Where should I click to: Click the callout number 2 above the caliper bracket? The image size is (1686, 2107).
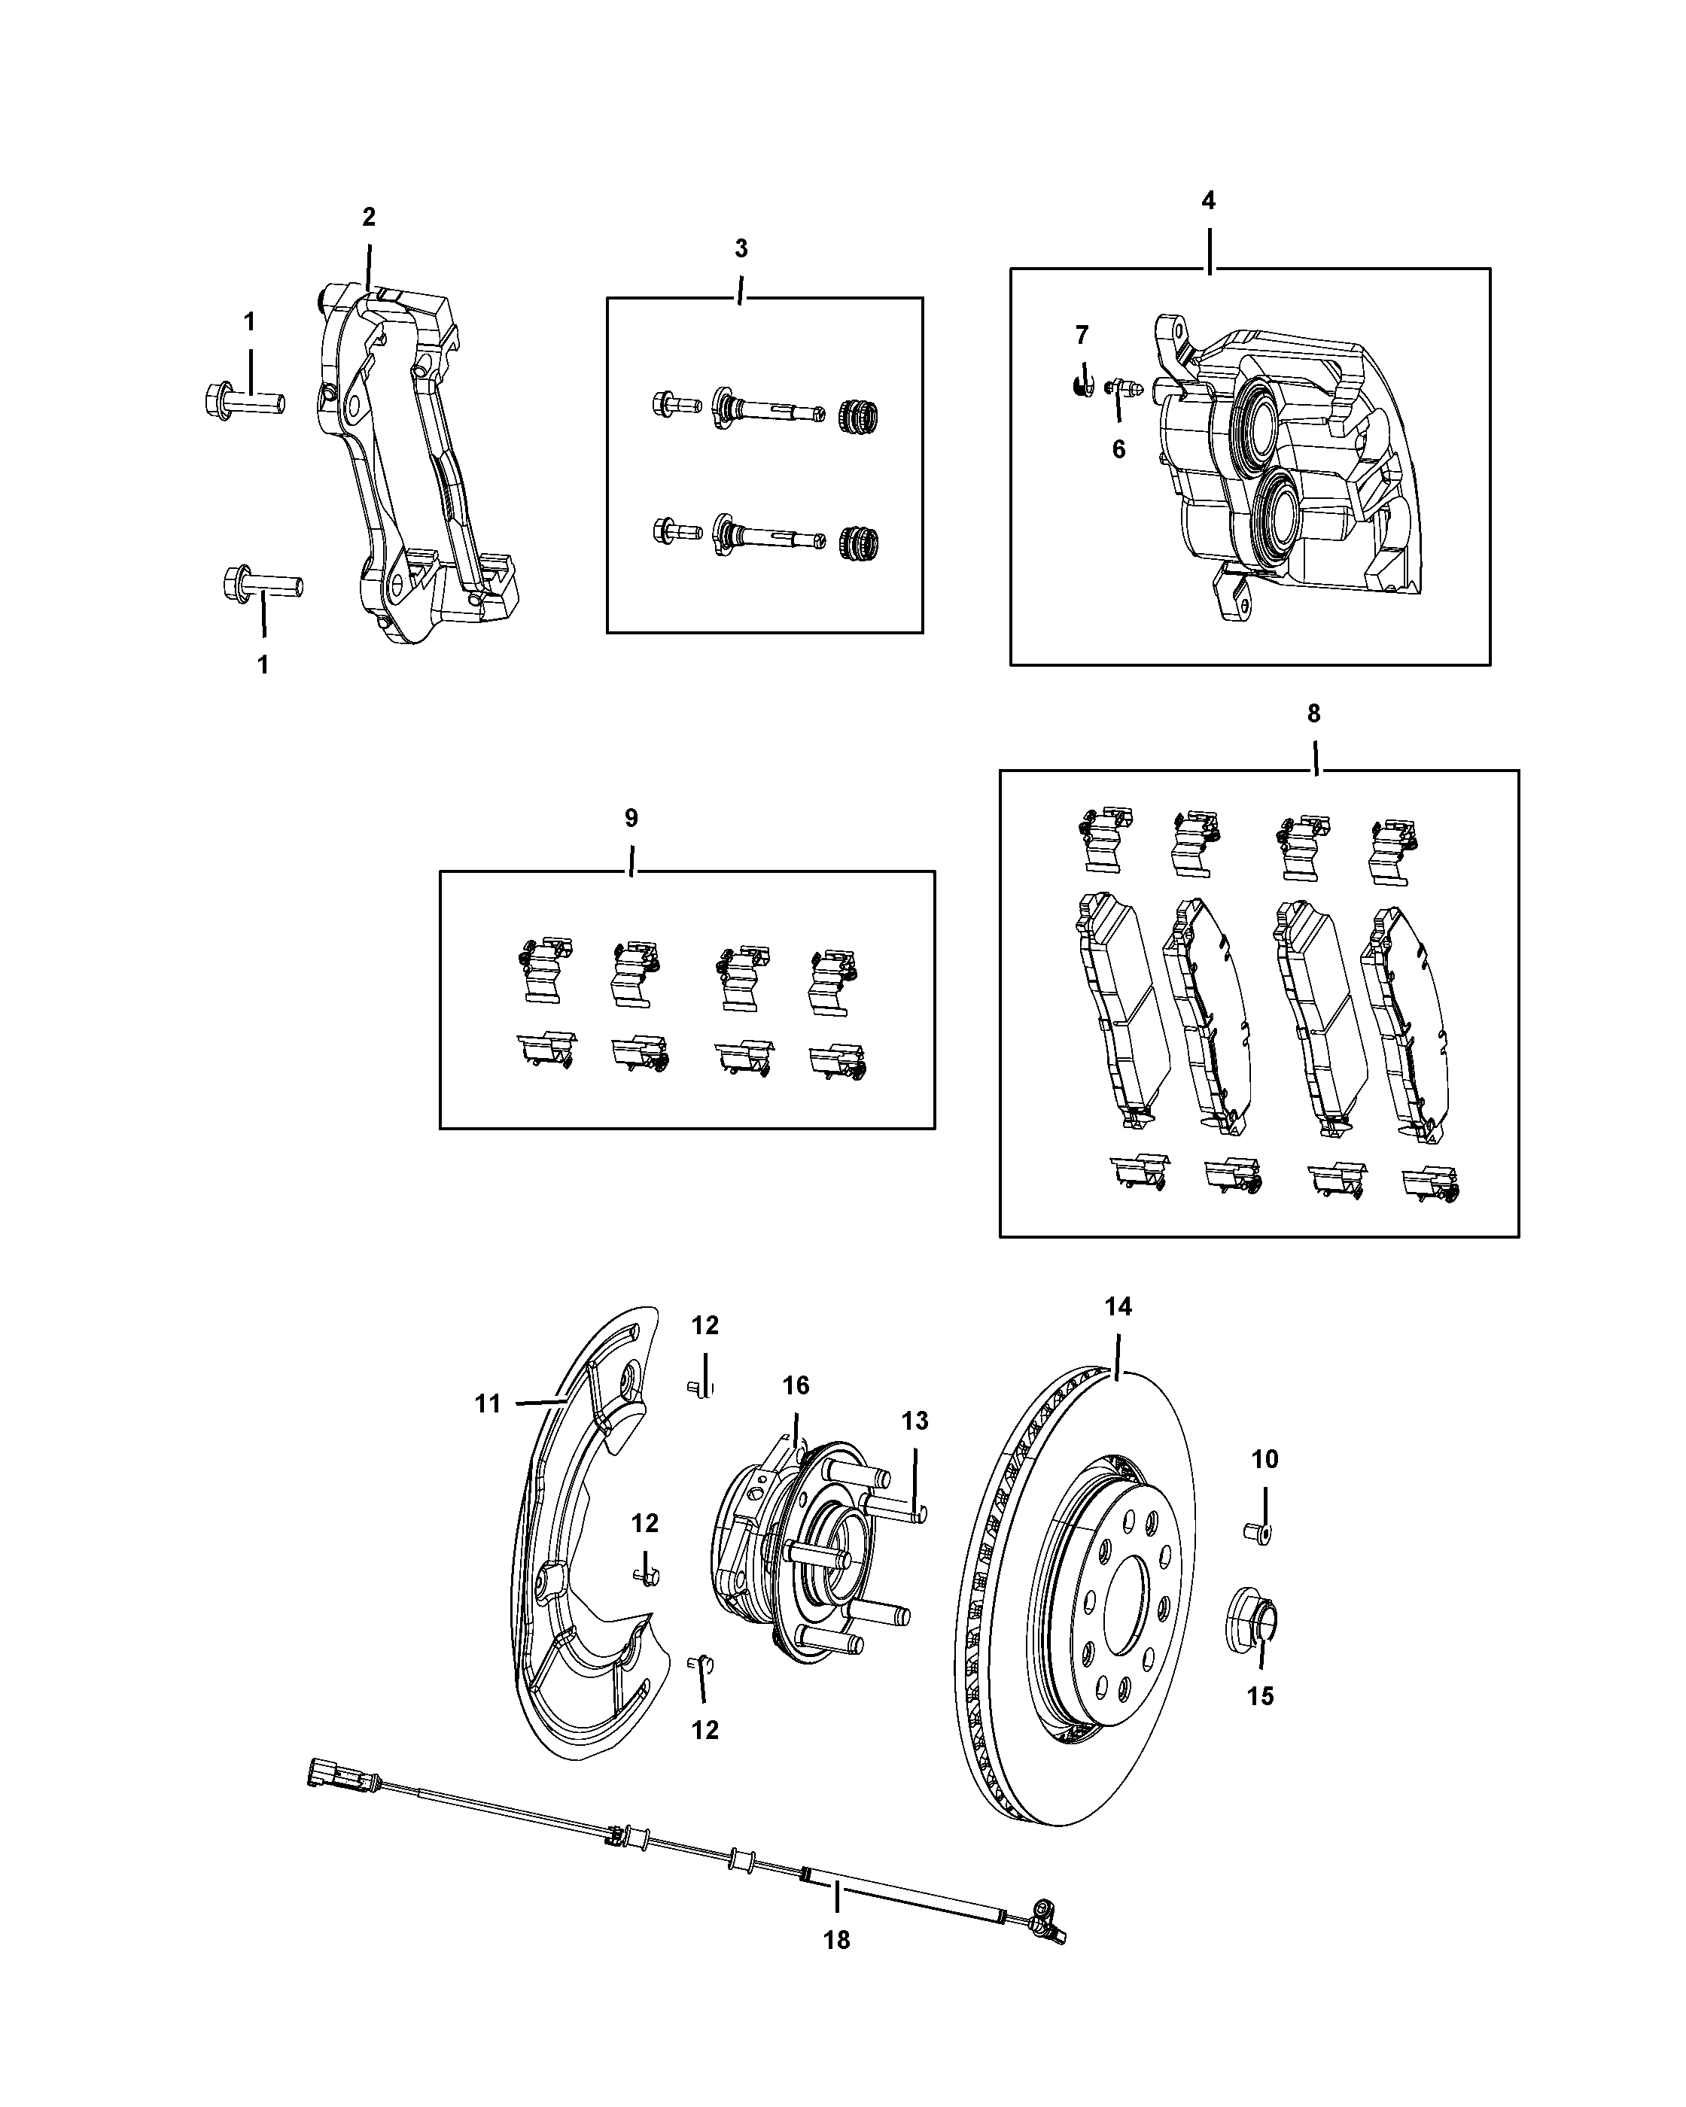pyautogui.click(x=369, y=217)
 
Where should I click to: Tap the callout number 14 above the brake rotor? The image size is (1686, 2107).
pyautogui.click(x=1118, y=1306)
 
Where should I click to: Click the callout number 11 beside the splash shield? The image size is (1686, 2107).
pyautogui.click(x=488, y=1404)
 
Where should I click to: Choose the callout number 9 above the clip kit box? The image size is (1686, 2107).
pyautogui.click(x=631, y=818)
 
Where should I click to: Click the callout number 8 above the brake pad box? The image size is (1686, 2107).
pyautogui.click(x=1313, y=714)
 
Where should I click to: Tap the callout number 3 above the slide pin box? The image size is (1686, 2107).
pyautogui.click(x=741, y=249)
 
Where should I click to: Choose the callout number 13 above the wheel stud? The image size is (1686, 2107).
pyautogui.click(x=915, y=1421)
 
